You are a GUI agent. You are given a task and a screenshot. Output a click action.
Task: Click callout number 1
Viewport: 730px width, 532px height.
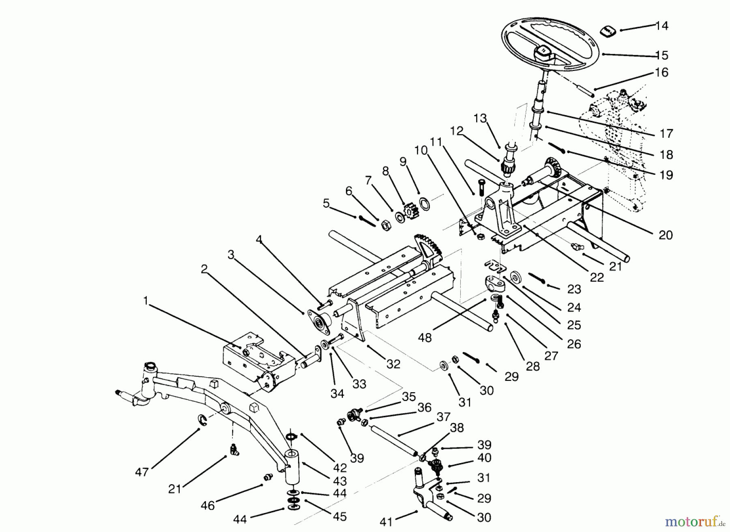(146, 301)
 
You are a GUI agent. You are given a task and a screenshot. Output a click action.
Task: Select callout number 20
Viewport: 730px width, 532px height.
(666, 235)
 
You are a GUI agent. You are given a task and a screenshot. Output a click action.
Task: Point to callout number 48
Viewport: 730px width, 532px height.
(425, 337)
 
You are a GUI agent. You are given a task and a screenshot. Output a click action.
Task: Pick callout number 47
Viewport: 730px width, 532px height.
(142, 472)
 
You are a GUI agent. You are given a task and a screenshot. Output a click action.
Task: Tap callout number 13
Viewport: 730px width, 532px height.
(480, 118)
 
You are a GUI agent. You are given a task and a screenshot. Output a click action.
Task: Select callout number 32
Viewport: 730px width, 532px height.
(393, 364)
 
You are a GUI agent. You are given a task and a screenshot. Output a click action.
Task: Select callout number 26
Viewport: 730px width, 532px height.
(573, 344)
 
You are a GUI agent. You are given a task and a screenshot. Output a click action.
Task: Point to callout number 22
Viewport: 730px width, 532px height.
(597, 277)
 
